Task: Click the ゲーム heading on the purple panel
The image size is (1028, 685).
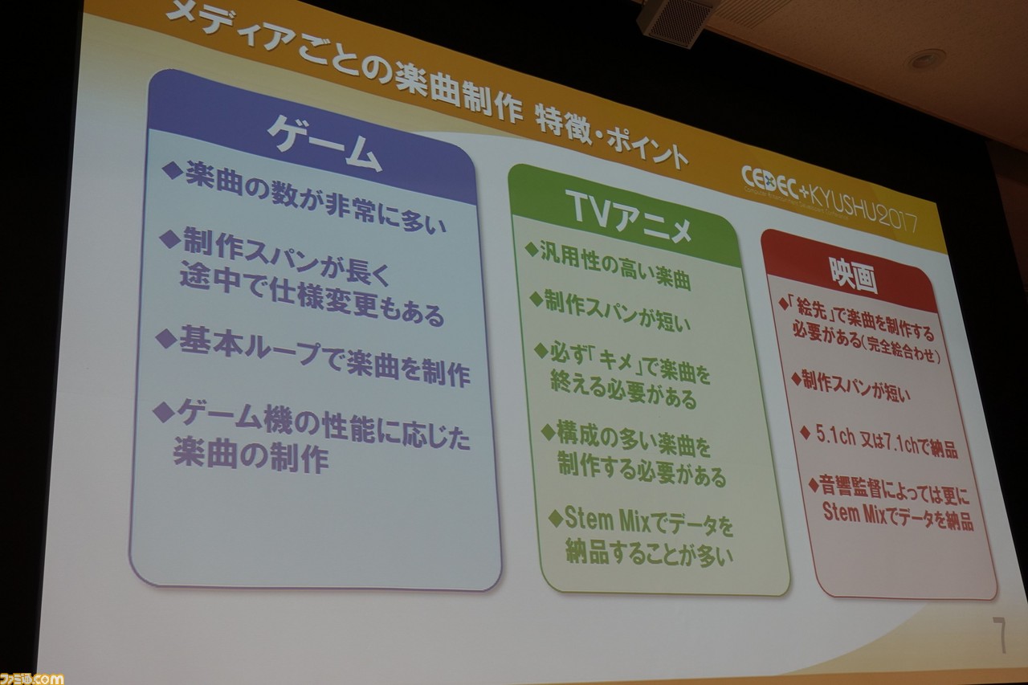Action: click(324, 142)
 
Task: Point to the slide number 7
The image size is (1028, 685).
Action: click(1000, 634)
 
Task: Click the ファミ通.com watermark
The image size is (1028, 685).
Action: click(31, 678)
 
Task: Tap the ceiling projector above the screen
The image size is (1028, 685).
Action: click(674, 22)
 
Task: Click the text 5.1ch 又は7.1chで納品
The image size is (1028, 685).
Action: click(887, 443)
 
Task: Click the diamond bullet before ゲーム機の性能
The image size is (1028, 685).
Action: click(163, 411)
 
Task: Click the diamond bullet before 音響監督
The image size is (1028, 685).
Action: click(813, 484)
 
